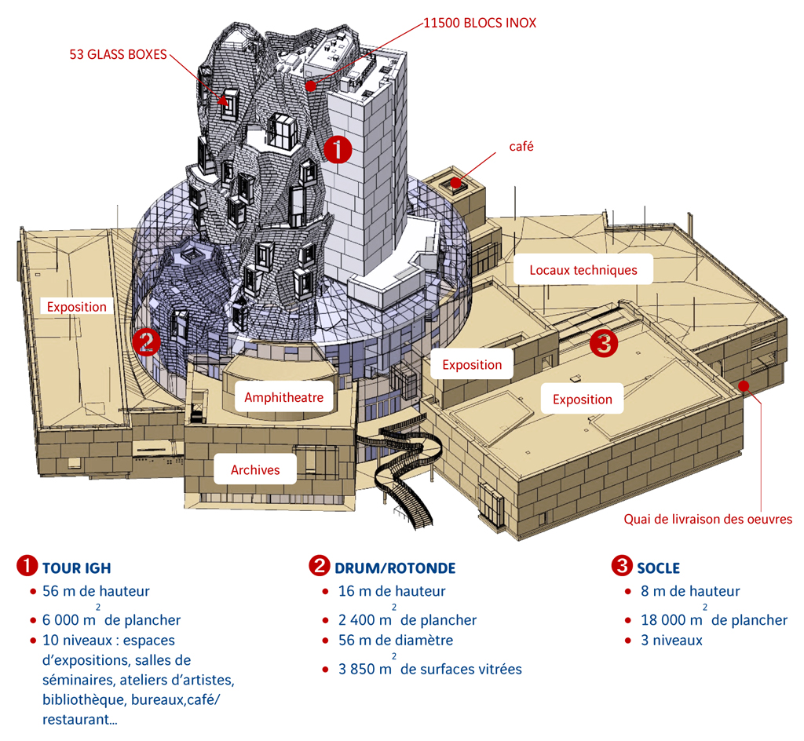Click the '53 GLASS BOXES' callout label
click(x=116, y=53)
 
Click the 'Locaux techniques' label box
click(x=583, y=270)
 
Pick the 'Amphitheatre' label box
click(x=283, y=397)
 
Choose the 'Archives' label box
click(x=255, y=469)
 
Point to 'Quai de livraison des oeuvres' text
click(x=708, y=518)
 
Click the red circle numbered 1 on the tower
click(x=338, y=149)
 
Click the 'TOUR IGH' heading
click(x=82, y=568)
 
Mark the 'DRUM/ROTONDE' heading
click(x=395, y=568)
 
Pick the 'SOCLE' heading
click(x=659, y=568)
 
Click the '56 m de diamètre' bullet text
click(x=396, y=640)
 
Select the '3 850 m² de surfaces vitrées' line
click(x=430, y=669)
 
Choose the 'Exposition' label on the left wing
click(x=77, y=306)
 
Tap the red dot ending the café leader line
click(x=455, y=182)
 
